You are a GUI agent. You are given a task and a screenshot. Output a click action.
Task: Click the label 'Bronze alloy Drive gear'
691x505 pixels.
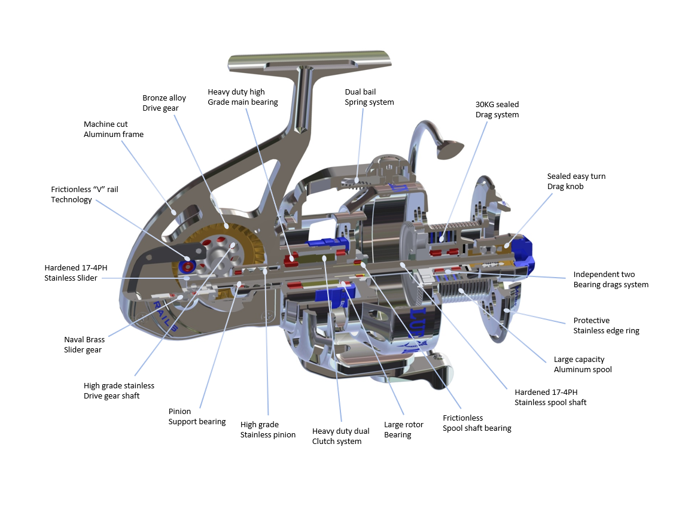click(x=164, y=103)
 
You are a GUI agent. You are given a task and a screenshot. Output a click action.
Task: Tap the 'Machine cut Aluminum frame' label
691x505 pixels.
click(x=114, y=129)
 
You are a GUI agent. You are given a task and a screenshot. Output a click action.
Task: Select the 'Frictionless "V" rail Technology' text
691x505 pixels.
click(x=84, y=194)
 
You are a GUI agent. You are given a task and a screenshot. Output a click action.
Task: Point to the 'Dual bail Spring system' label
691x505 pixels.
click(x=369, y=97)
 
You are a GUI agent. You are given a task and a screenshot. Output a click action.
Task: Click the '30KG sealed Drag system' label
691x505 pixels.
click(x=497, y=109)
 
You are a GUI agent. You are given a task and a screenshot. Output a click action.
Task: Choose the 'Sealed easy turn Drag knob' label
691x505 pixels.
click(x=576, y=181)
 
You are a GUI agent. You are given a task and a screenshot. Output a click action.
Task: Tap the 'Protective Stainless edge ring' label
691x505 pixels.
click(x=606, y=325)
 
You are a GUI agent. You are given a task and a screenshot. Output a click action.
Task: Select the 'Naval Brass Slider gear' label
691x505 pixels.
click(x=84, y=345)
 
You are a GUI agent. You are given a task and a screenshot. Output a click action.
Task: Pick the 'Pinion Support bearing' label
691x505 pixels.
click(x=197, y=416)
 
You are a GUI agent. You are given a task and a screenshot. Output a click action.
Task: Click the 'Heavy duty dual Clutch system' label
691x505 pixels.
click(x=340, y=436)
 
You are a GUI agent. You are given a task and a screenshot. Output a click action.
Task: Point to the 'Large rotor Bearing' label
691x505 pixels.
click(x=403, y=430)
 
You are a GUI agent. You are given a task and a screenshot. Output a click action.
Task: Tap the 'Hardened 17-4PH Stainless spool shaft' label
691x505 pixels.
click(x=550, y=397)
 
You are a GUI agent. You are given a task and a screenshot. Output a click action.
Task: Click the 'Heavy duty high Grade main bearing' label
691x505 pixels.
click(x=242, y=97)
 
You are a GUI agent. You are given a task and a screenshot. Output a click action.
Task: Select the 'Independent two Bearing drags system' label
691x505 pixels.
click(x=610, y=279)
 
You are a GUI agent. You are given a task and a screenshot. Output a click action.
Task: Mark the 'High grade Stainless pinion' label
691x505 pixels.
click(x=267, y=430)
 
